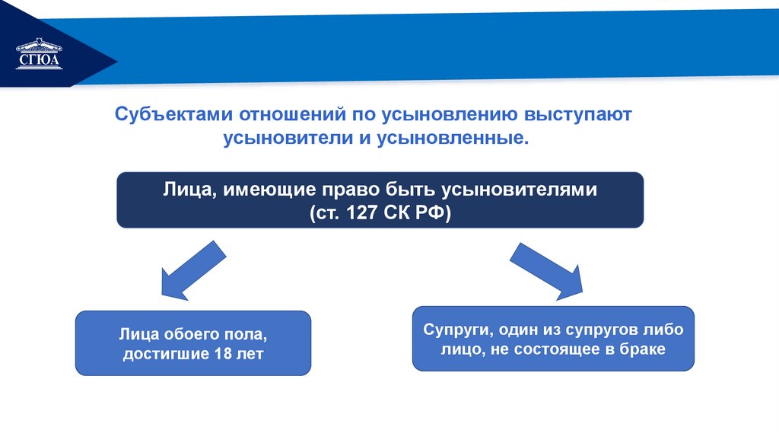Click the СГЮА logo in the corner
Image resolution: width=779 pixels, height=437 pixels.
tap(38, 54)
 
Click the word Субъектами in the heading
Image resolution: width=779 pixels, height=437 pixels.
tap(174, 115)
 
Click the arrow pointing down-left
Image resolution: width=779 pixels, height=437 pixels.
tap(190, 271)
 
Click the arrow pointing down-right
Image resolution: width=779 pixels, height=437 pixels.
tap(546, 271)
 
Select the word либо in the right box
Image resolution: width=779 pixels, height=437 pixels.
tap(666, 330)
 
